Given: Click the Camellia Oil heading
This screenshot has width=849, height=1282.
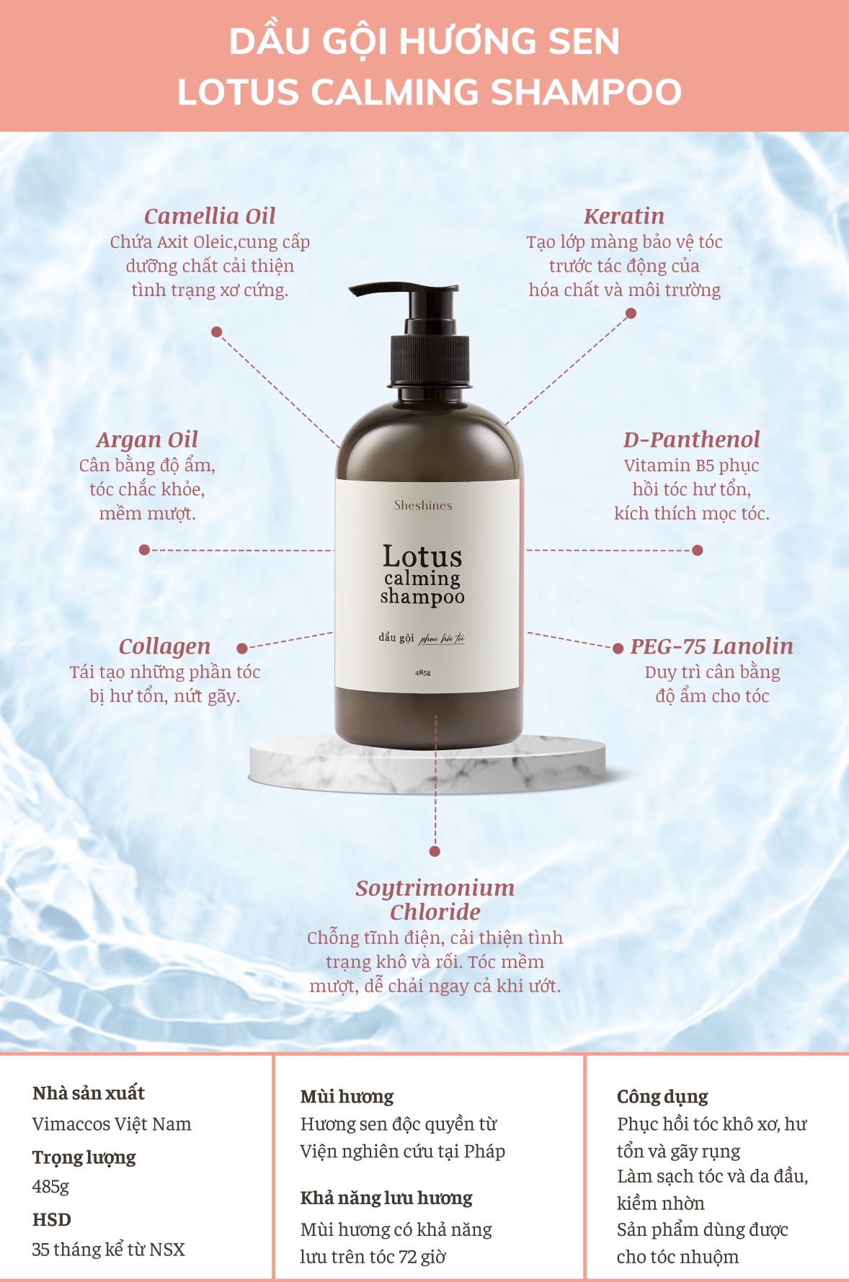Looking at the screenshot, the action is (210, 216).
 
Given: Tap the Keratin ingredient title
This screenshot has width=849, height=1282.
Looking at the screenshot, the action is (624, 216).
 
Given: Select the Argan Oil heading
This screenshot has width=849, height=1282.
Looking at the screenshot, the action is (147, 440).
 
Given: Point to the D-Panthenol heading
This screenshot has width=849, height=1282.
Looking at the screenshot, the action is (691, 440).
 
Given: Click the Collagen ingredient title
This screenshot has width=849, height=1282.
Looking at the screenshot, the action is (164, 646).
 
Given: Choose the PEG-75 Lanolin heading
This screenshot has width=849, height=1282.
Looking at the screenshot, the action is (711, 646).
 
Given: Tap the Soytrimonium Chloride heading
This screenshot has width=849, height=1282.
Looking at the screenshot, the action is (435, 899).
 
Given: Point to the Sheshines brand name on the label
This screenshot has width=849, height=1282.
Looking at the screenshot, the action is (423, 505).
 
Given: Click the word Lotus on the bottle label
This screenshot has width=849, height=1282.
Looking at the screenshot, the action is (422, 556).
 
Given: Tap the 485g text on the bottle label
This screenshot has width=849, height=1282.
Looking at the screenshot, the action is (423, 672).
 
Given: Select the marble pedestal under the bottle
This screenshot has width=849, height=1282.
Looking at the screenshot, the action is (427, 764).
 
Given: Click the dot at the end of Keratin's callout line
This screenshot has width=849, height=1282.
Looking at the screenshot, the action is (631, 313).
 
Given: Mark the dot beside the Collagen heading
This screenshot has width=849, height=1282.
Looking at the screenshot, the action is (242, 649).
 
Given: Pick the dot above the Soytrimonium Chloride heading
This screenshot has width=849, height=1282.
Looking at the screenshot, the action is (435, 851).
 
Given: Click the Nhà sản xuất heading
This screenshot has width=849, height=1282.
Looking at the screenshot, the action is (89, 1093).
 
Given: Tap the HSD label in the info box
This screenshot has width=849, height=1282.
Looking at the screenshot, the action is (52, 1219).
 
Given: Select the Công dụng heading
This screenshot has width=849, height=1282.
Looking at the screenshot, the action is (662, 1097).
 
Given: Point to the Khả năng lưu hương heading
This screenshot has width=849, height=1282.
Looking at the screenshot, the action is (386, 1198).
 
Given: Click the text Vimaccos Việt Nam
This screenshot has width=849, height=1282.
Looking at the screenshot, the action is (112, 1124).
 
